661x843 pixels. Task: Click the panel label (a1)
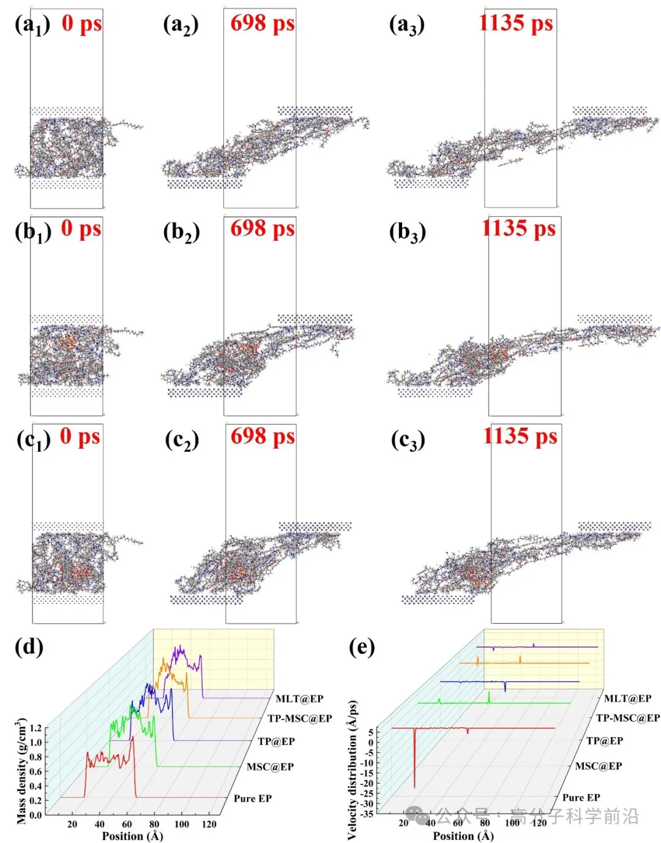point(32,26)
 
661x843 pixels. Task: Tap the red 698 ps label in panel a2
point(263,23)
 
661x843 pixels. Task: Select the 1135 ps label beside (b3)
point(518,228)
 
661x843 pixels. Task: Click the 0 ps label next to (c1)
point(80,436)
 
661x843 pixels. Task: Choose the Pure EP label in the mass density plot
point(252,798)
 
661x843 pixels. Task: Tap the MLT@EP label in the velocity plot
point(628,699)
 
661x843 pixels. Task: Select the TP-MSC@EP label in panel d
point(300,718)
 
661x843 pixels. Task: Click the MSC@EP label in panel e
point(599,766)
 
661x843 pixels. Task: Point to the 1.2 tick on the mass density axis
point(35,728)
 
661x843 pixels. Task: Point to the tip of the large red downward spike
point(414,787)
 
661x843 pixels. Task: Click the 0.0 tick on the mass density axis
point(35,815)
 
